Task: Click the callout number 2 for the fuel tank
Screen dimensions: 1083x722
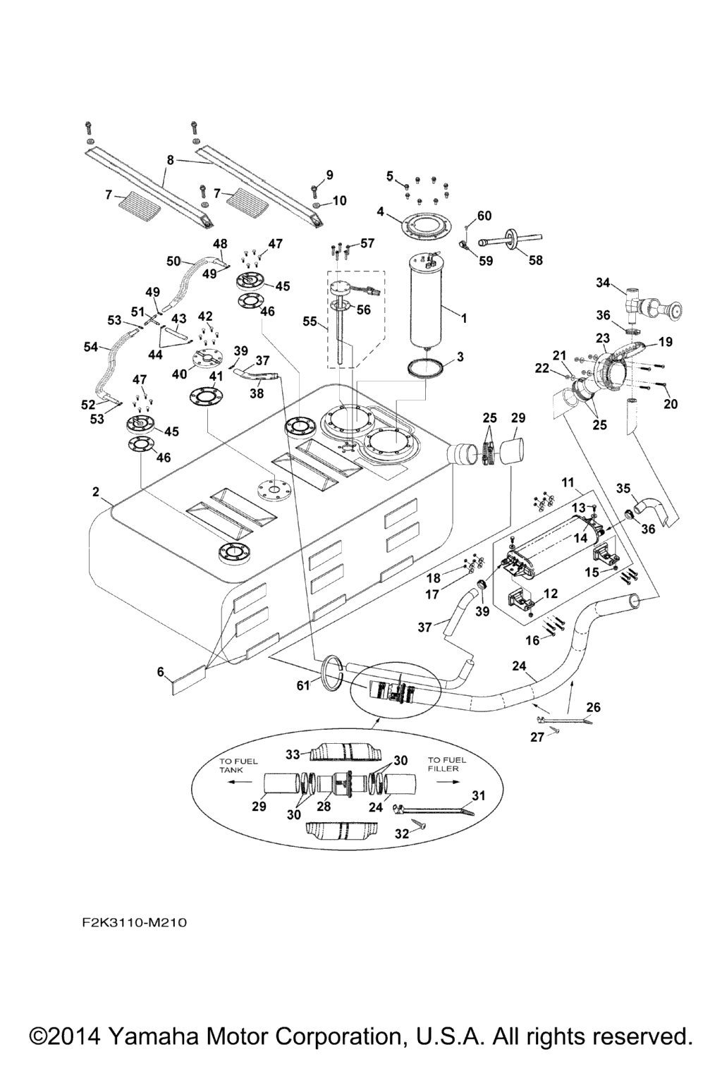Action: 96,492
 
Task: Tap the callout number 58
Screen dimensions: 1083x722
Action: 536,260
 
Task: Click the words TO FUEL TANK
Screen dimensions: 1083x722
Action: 238,766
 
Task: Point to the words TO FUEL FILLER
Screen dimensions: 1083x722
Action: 446,764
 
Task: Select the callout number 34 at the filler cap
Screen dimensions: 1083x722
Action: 603,283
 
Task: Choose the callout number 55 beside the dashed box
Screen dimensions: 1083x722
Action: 308,321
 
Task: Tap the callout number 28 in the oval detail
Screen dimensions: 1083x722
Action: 324,805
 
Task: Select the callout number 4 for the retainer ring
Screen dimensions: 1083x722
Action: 380,211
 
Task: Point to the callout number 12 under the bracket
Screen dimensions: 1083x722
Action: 551,594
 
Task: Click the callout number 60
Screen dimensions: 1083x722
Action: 484,216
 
